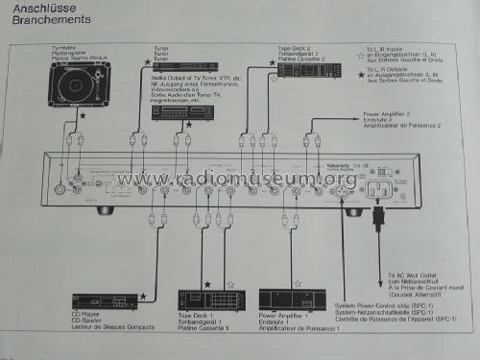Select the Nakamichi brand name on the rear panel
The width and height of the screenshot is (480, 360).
tap(355, 166)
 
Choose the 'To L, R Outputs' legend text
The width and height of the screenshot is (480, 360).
tap(388, 76)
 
